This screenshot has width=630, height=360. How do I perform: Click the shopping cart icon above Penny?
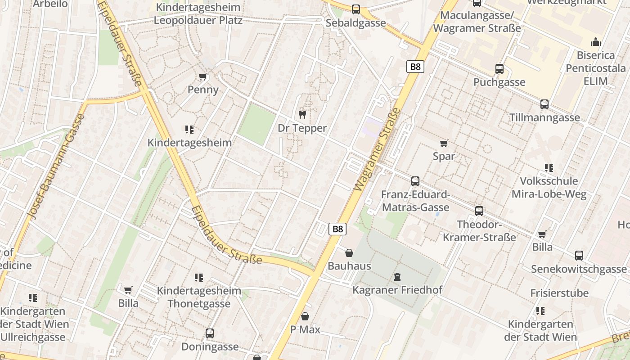click(202, 77)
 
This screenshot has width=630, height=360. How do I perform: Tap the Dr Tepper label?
click(302, 128)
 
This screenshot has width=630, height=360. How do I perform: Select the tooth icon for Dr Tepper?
click(302, 114)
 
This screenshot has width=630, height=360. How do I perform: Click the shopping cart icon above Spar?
click(444, 144)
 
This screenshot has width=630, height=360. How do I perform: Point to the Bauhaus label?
click(349, 266)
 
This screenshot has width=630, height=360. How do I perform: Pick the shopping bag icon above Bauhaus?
click(349, 253)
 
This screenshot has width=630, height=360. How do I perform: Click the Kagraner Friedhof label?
click(397, 290)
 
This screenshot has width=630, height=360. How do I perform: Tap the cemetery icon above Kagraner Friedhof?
click(397, 276)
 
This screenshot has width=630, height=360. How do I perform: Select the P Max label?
click(305, 329)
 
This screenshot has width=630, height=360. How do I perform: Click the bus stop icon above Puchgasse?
click(499, 69)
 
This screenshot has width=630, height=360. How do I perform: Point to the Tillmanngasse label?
click(544, 117)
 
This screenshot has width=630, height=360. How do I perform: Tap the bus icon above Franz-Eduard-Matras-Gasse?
click(415, 181)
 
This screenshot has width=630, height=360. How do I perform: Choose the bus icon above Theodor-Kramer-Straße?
click(479, 211)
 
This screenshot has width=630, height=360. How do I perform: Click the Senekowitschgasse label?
click(579, 269)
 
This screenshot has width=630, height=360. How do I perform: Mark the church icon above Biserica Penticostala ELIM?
click(596, 42)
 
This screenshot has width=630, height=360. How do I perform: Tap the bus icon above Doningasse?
click(210, 333)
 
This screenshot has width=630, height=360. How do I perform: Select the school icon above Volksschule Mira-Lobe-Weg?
click(549, 168)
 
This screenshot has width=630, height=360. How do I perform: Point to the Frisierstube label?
click(559, 293)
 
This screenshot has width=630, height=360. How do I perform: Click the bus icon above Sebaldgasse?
click(356, 9)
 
